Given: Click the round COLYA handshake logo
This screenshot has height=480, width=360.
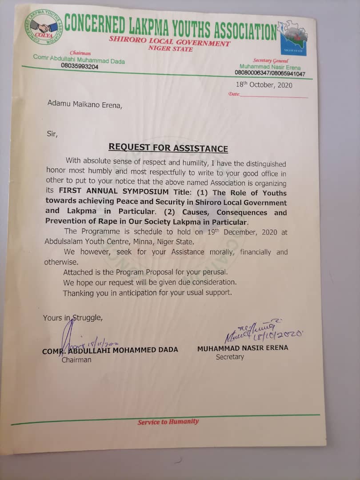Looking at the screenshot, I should click(44, 27).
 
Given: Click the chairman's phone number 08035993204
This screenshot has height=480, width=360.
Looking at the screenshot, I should click(80, 66).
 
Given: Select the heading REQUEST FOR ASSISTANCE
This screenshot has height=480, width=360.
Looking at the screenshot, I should click(168, 148).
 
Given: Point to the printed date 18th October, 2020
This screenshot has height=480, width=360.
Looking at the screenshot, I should click(264, 85).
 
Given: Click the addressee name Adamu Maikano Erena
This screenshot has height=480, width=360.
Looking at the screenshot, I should click(84, 105).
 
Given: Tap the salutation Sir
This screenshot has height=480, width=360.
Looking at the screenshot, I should click(52, 133).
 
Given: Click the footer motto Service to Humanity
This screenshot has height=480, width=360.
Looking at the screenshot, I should click(168, 422).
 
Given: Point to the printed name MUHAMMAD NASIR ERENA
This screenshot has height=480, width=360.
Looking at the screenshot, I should click(242, 348).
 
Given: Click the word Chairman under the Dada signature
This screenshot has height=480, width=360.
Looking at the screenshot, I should click(76, 360).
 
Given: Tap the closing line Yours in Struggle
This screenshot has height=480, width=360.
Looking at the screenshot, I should click(73, 318).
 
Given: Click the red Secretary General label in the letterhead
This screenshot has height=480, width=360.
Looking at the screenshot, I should click(271, 60).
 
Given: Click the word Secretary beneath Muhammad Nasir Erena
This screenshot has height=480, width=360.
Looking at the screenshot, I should click(230, 357).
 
